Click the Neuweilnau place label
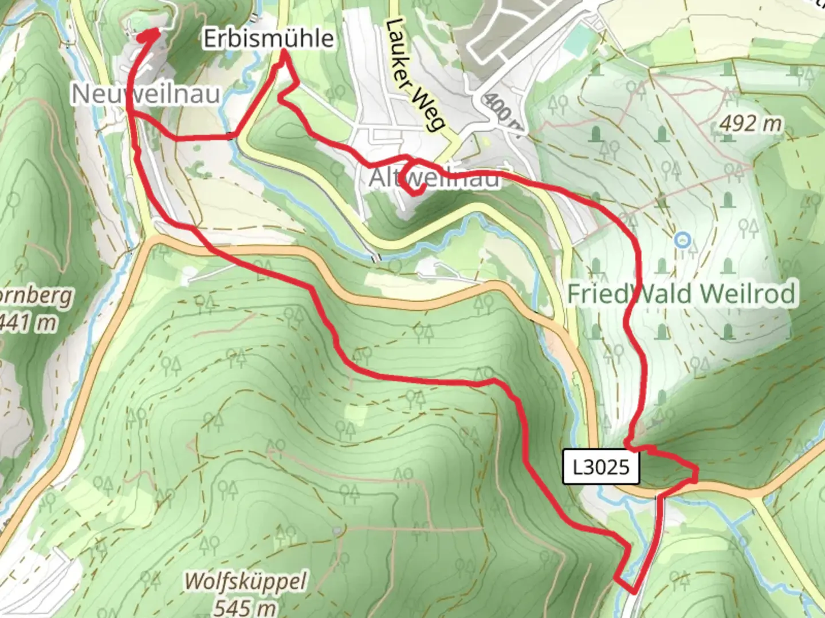click(146, 93)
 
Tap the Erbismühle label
click(269, 38)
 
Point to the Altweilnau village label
click(434, 178)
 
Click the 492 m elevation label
click(751, 123)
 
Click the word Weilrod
click(748, 294)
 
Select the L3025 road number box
click(601, 467)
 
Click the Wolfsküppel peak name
click(245, 582)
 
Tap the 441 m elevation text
click(29, 322)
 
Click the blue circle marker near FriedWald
click(682, 240)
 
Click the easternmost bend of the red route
click(697, 473)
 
